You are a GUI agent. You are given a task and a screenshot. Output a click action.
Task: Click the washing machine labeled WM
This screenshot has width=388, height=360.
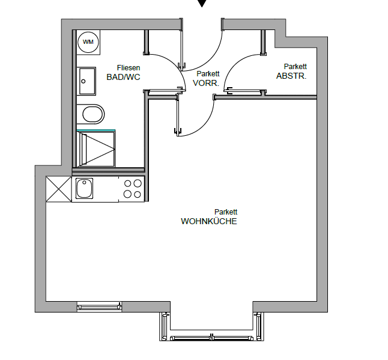point(88,42)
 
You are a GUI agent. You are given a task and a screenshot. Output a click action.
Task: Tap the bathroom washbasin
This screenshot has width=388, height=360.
point(86,81)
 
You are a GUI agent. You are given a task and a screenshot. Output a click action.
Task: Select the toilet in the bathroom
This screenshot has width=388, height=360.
point(91,114)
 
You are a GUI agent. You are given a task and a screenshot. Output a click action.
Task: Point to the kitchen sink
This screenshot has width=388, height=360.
point(84,189)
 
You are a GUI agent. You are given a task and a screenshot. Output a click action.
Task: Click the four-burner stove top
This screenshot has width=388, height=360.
point(132,189)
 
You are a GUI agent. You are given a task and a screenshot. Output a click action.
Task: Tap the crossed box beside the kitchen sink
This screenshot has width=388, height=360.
point(59,189)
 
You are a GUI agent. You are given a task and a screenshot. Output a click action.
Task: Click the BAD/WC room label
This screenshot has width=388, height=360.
point(123,78)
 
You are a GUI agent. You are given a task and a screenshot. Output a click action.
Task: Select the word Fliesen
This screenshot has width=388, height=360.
point(129,68)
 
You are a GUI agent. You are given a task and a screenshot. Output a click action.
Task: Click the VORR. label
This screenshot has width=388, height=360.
point(206,83)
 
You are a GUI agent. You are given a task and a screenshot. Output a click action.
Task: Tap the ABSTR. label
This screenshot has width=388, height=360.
point(291,76)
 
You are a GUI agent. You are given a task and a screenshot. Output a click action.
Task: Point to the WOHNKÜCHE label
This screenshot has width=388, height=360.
point(209,221)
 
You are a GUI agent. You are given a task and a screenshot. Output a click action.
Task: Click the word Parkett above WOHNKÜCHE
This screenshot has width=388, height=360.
point(226,212)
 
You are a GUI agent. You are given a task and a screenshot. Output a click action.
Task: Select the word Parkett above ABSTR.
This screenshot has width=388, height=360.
point(296,67)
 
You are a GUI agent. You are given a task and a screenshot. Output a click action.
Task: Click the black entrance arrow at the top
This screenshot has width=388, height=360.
point(202,3)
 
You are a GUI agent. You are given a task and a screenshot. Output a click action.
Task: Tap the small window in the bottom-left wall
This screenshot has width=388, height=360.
point(99,307)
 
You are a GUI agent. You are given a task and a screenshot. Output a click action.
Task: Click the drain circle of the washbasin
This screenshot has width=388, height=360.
point(83,81)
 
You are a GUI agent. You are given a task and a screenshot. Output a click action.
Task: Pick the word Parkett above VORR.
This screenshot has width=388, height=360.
point(208,74)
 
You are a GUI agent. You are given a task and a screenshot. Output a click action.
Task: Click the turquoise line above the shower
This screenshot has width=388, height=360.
point(96,130)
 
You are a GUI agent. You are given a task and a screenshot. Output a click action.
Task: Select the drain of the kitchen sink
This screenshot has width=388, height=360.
point(84,183)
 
